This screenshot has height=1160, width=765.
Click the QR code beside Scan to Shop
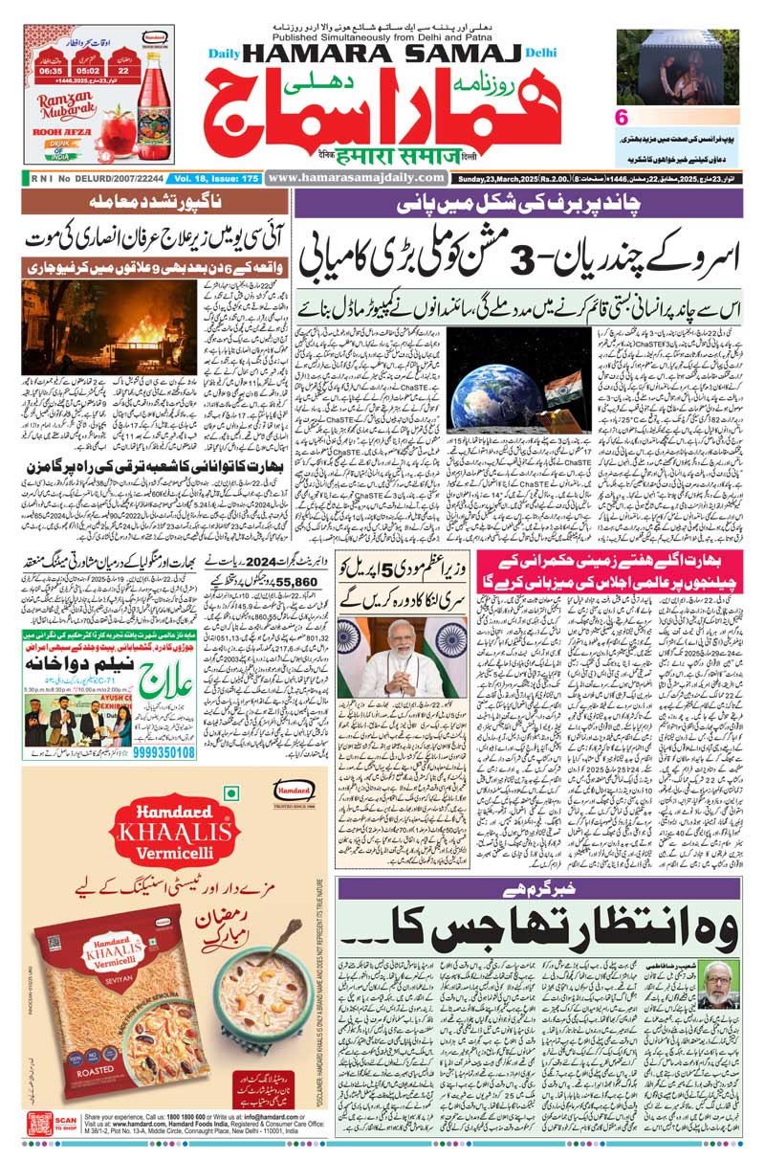pos(39,1125)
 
